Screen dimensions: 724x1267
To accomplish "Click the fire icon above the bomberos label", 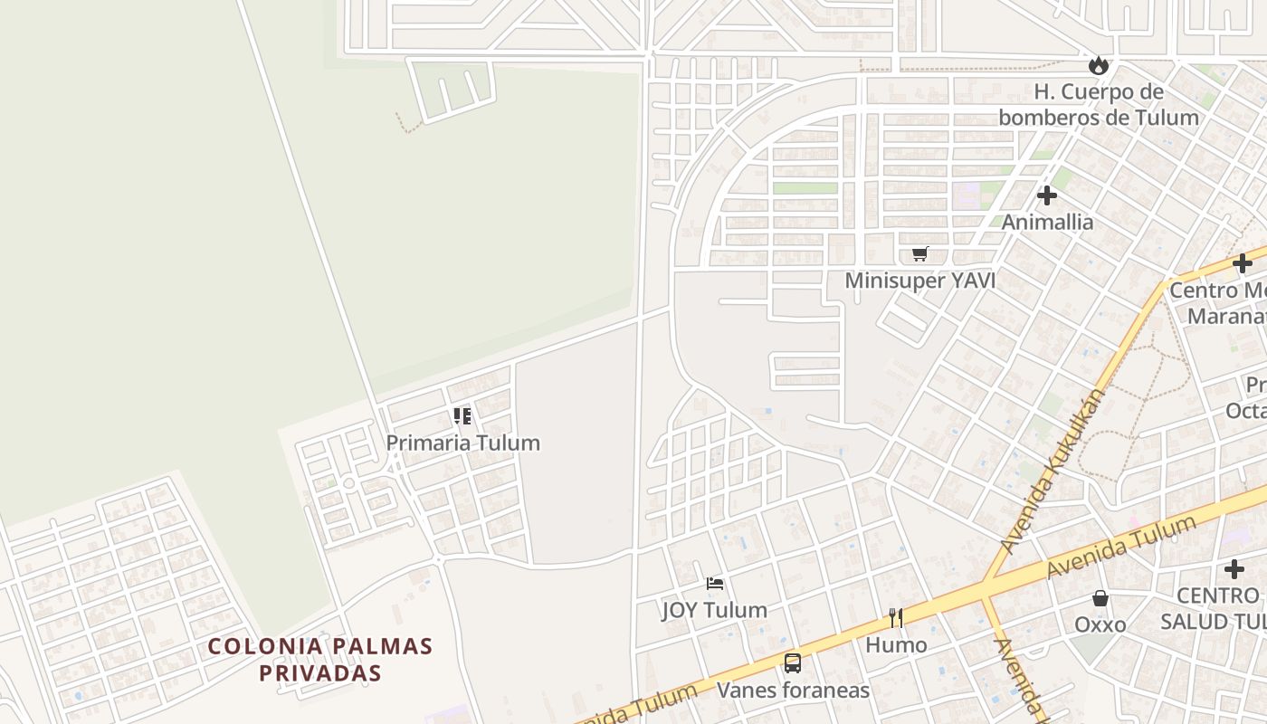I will click(x=1099, y=65).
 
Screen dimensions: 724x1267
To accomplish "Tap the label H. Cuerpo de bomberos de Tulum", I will click(x=1099, y=104).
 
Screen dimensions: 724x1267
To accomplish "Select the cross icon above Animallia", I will click(x=1047, y=195).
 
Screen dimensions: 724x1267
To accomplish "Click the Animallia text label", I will click(x=1047, y=222).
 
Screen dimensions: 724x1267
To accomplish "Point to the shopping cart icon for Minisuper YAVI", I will click(x=919, y=254).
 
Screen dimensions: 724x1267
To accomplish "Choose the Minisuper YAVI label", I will click(x=919, y=281).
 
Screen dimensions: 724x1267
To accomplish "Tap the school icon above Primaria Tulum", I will click(x=462, y=416).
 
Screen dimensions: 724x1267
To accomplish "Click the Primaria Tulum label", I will click(x=462, y=443).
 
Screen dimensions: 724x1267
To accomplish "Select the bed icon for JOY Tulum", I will click(x=715, y=584).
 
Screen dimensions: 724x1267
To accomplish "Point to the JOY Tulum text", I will click(x=715, y=610).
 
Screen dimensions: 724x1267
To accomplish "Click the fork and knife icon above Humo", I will click(x=896, y=618).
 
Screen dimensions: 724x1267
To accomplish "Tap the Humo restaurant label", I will click(x=896, y=644).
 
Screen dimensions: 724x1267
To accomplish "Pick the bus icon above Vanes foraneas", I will click(x=793, y=663).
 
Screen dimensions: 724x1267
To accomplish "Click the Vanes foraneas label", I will click(x=793, y=691).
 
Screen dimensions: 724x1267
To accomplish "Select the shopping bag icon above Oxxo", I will click(x=1100, y=598).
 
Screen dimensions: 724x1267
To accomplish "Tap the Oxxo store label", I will click(x=1100, y=624).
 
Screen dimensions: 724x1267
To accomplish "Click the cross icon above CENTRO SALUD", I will click(x=1234, y=569).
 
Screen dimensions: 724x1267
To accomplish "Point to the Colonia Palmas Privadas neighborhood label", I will click(x=320, y=660).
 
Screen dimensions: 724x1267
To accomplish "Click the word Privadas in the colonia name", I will click(x=320, y=673).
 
